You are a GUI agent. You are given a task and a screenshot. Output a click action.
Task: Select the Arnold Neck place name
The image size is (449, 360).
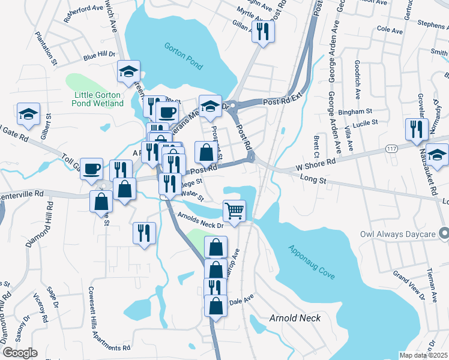pos(295,318)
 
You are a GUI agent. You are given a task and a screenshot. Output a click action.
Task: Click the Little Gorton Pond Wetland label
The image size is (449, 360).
pos(100,99)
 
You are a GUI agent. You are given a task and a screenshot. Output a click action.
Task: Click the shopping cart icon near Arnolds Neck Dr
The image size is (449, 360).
pos(234,211)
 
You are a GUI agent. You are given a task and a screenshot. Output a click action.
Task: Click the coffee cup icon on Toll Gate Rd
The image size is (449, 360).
pos(92,169)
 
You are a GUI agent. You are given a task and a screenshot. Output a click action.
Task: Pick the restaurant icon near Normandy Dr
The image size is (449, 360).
pos(416,129)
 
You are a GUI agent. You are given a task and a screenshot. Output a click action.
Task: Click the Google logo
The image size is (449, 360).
pos(20,353)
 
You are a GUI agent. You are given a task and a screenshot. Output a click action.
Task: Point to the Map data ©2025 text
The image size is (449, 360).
pos(423,355)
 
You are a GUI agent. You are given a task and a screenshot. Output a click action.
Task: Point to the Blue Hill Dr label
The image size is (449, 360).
pos(99,56)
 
